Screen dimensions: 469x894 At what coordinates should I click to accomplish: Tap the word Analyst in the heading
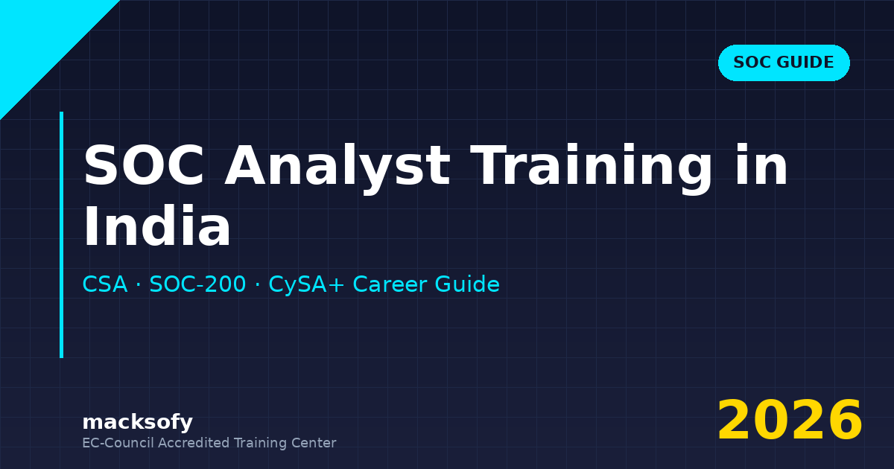pos(337,166)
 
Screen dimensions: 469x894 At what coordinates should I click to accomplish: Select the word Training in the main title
pos(592,166)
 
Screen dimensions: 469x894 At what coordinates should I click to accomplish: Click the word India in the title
pos(156,227)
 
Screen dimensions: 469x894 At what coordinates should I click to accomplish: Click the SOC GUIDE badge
pos(784,63)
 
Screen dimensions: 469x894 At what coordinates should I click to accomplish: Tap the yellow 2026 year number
pos(790,421)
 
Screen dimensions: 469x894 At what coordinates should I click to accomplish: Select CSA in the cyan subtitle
pos(105,284)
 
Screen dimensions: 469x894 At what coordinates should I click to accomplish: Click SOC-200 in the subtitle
pos(197,284)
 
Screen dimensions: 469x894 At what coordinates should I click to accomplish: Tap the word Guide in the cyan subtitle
pos(471,284)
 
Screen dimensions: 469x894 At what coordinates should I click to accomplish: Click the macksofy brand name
pos(137,422)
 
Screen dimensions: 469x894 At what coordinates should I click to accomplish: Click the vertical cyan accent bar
pos(61,234)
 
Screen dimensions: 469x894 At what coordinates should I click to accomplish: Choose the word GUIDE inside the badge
pos(804,63)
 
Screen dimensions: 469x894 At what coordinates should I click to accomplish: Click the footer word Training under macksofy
pos(260,443)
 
